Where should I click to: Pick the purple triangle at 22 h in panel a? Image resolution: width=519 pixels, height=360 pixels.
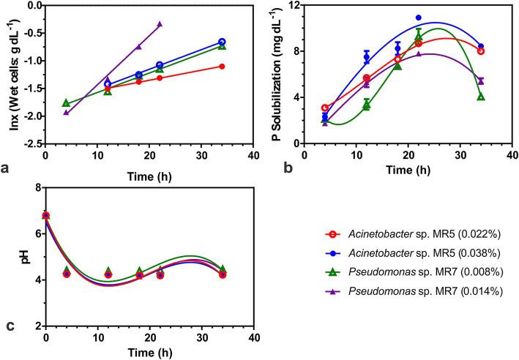tap(160, 23)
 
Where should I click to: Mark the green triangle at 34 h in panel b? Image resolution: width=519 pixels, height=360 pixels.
tap(481, 97)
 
